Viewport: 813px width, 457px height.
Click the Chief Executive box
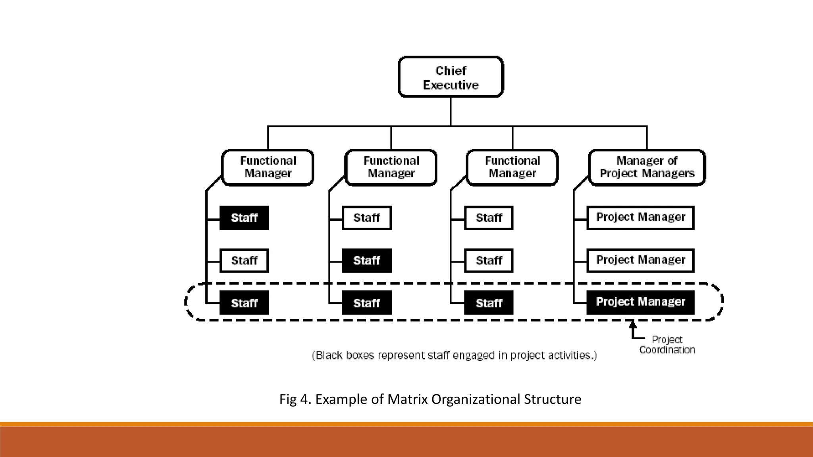451,77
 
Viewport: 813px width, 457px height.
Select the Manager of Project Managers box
647,167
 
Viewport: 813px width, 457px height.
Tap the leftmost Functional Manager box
268,167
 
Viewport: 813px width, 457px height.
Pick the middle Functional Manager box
391,167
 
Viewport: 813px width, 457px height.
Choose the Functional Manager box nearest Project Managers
512,167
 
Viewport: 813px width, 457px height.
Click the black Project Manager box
640,302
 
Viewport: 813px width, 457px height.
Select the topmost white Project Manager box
640,217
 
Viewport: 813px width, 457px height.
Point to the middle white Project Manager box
640,260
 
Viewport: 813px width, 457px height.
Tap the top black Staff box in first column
244,218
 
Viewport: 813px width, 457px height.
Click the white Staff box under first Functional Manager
244,261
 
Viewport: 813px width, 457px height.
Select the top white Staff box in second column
367,218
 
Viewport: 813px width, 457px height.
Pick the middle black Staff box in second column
367,261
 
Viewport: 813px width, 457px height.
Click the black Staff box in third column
489,303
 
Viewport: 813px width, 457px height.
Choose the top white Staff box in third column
489,218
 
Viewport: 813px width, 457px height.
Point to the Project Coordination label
667,345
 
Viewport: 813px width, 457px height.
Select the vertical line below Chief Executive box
451,111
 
